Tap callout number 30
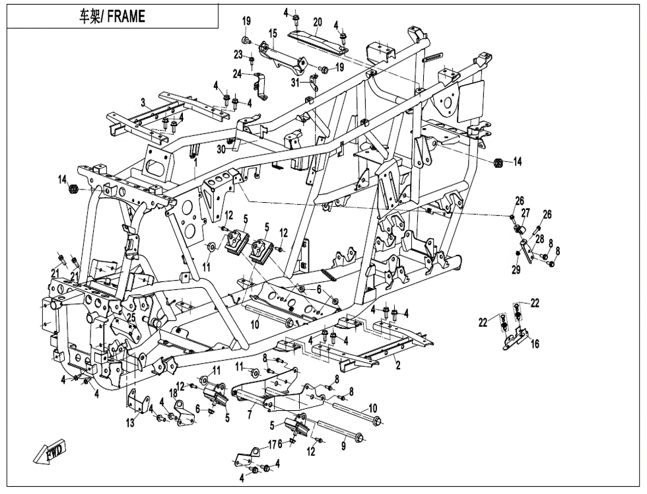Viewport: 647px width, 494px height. pyautogui.click(x=222, y=149)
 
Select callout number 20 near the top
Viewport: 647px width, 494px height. pyautogui.click(x=317, y=22)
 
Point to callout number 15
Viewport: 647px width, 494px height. pyautogui.click(x=273, y=33)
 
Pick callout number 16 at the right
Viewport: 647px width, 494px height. pyautogui.click(x=535, y=343)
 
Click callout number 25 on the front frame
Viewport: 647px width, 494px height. pyautogui.click(x=131, y=318)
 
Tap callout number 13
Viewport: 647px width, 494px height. pyautogui.click(x=130, y=423)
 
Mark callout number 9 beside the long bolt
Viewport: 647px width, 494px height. pyautogui.click(x=343, y=446)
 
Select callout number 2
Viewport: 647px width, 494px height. pyautogui.click(x=399, y=366)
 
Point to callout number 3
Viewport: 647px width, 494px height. pyautogui.click(x=143, y=102)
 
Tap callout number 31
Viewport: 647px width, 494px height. pyautogui.click(x=296, y=83)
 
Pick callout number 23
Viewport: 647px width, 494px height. pyautogui.click(x=238, y=54)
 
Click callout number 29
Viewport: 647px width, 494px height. pyautogui.click(x=516, y=269)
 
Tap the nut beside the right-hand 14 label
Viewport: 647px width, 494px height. pyautogui.click(x=499, y=162)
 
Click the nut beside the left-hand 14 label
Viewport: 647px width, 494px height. pyautogui.click(x=74, y=190)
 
